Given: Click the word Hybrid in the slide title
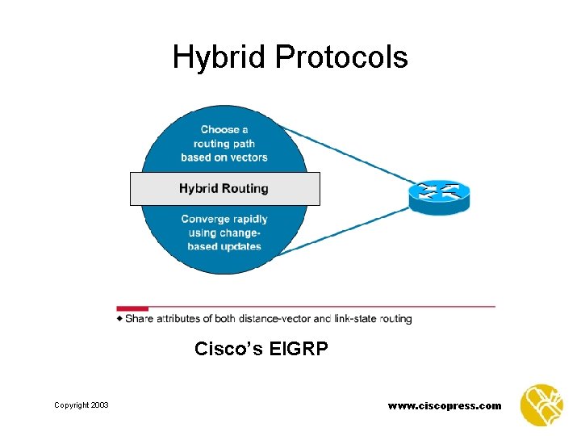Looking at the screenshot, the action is pos(219,58).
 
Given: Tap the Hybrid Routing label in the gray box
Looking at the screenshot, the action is pos(224,189).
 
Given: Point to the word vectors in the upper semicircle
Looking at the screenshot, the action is pos(247,157).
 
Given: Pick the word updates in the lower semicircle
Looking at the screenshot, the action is pos(241,246).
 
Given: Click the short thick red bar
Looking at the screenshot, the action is pos(132,308).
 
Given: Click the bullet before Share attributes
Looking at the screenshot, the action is pos(120,319).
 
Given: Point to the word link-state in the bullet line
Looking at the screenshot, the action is pos(355,319).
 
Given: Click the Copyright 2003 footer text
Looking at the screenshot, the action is pos(82,405).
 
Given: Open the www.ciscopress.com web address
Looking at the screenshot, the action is pos(445,406).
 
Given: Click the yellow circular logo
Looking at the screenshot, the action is pos(541,405).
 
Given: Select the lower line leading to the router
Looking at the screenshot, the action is pos(355,230).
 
